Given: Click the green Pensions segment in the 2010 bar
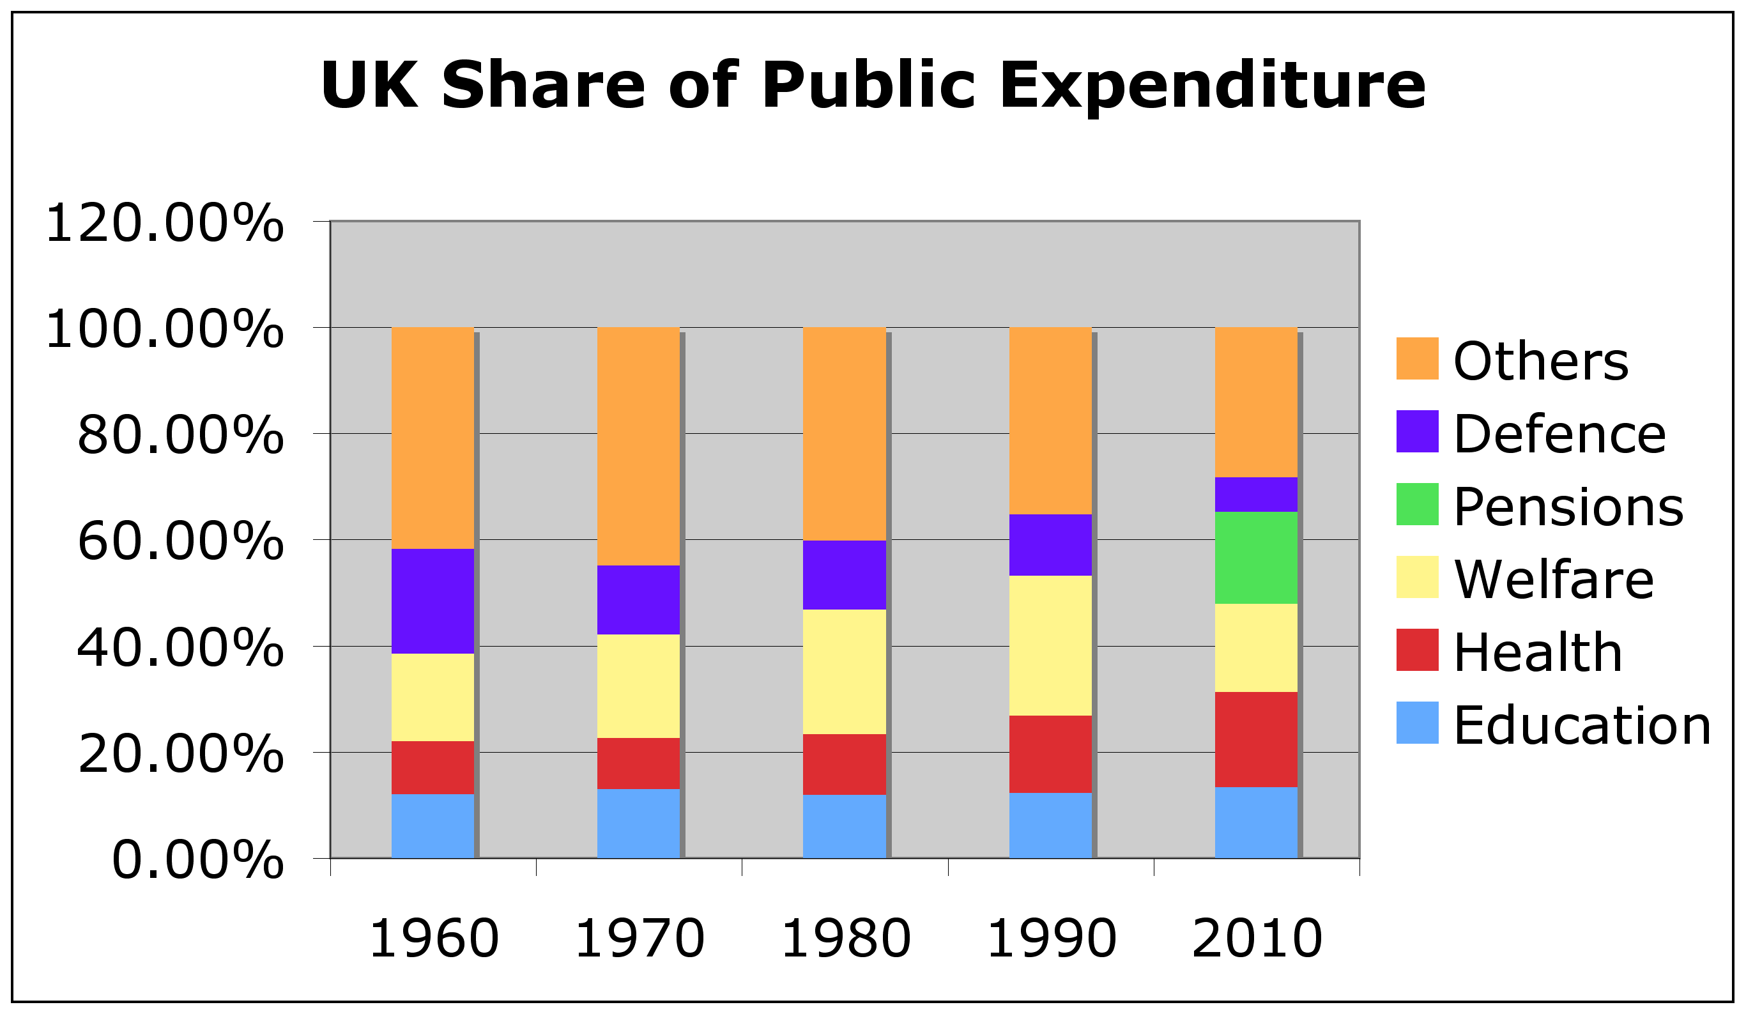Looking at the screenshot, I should coord(1255,557).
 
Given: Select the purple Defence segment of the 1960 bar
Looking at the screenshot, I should coord(433,601).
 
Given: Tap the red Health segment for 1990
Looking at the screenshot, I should coord(1050,754).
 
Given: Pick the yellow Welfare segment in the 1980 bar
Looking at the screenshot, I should coord(844,672).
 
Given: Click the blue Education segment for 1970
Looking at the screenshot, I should coord(638,824).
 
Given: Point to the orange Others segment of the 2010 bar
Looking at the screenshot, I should coord(1255,402).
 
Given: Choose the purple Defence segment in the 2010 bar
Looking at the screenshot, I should coord(1255,494).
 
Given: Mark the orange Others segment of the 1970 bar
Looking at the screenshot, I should coord(638,445).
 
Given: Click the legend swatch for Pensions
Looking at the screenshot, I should coord(1417,504).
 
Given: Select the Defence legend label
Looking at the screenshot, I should coord(1559,434).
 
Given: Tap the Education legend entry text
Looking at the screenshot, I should coord(1582,726).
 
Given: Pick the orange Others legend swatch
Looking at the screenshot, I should coord(1417,358).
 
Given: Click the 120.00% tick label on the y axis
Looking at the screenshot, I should coord(164,224).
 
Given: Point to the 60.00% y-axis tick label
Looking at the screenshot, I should coord(180,541).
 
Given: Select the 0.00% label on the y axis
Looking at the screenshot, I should coord(197,860).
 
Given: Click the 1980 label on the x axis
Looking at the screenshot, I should coord(845,939).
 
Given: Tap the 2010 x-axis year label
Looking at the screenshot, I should coord(1257,939).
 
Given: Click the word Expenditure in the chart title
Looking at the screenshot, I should coord(1212,85).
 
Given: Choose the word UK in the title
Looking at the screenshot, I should coord(369,85).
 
